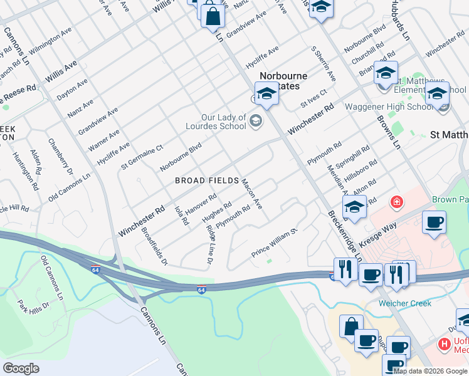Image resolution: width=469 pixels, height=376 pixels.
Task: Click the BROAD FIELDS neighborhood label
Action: pyautogui.click(x=207, y=180)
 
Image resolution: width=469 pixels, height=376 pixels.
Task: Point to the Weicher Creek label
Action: pyautogui.click(x=404, y=303)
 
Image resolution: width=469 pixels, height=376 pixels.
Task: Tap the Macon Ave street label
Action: pyautogui.click(x=251, y=194)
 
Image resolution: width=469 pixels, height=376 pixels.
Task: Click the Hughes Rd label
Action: pyautogui.click(x=217, y=211)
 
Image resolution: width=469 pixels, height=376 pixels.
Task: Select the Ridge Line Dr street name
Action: pyautogui.click(x=209, y=243)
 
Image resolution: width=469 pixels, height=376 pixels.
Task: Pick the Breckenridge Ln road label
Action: pyautogui.click(x=345, y=236)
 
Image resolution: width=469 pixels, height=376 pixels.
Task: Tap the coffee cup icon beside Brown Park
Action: pyautogui.click(x=434, y=222)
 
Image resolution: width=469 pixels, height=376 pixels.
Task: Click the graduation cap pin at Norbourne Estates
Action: pyautogui.click(x=266, y=95)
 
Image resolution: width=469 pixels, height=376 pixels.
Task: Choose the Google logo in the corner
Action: pyautogui.click(x=21, y=368)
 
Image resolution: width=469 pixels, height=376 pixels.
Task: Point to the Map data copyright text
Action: pyautogui.click(x=430, y=371)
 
